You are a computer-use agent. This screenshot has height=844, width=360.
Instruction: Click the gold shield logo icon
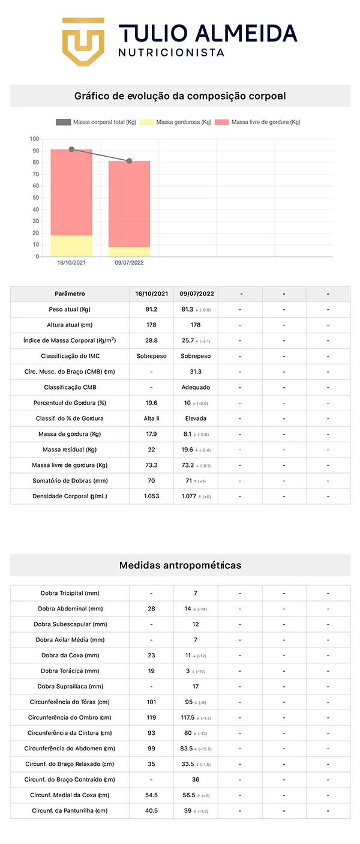click(x=83, y=41)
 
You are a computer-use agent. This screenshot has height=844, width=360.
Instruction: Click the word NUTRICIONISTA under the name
click(x=171, y=53)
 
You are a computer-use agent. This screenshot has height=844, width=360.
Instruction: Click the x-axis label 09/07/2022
click(x=129, y=263)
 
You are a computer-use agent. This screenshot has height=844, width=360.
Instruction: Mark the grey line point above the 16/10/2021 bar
click(x=71, y=149)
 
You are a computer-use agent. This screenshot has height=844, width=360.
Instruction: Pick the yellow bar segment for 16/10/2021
click(x=71, y=246)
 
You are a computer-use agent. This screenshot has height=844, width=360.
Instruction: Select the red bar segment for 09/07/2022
click(x=129, y=204)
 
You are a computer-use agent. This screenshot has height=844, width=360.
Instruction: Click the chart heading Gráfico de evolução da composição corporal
click(x=180, y=96)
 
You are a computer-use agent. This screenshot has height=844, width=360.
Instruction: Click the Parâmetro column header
click(x=70, y=294)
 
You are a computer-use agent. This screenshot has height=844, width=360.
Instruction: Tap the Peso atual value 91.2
click(x=151, y=310)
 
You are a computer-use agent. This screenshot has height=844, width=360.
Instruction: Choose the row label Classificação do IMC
click(x=70, y=357)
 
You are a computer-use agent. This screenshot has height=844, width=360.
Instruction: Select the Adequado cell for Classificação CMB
click(x=196, y=388)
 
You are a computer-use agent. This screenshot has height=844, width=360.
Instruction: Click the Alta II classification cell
click(x=151, y=418)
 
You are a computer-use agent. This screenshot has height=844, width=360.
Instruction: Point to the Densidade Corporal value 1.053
click(x=151, y=496)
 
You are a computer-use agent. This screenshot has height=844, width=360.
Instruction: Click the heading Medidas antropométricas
click(x=180, y=565)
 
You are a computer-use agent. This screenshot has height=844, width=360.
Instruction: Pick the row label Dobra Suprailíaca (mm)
click(x=70, y=687)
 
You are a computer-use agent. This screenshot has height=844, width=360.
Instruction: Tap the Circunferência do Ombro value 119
click(x=151, y=718)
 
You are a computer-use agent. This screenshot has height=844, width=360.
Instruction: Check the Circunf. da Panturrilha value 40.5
click(x=151, y=811)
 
